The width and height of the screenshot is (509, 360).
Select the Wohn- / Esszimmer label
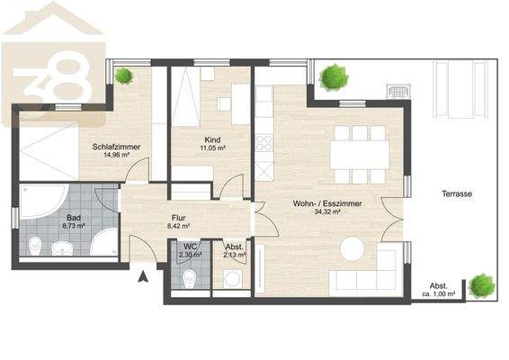327,203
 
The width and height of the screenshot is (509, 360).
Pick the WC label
191,246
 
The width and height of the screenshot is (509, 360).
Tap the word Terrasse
458,193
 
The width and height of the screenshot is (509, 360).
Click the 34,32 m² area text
327,213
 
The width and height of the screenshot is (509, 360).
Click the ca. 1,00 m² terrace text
439,293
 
